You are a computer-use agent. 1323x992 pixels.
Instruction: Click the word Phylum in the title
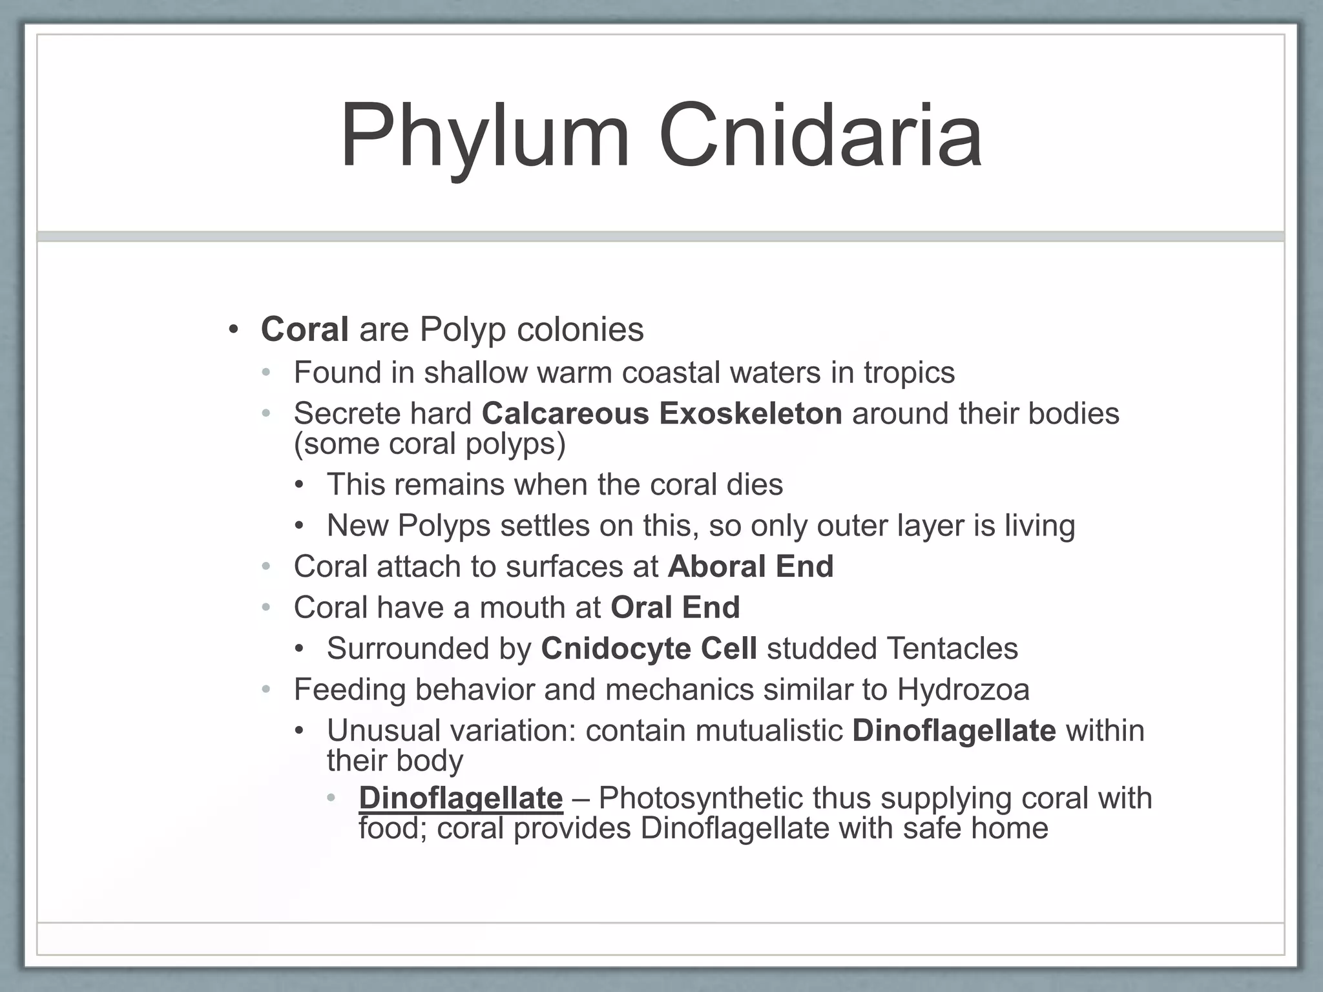(x=484, y=137)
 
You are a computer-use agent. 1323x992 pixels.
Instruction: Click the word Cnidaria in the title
(x=820, y=137)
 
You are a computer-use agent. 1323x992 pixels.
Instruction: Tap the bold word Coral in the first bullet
(x=304, y=329)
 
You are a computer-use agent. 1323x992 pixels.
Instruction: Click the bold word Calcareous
(x=565, y=413)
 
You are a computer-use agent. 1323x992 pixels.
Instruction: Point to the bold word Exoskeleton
(x=750, y=413)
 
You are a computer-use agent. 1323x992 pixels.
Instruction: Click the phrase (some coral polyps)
(x=430, y=444)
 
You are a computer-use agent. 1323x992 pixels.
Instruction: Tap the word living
(x=1039, y=525)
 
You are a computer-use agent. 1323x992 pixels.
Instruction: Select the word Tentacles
(x=952, y=648)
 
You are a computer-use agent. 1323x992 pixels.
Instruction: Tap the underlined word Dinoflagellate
(x=461, y=798)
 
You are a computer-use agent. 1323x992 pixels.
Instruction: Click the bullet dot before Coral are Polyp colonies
(x=233, y=330)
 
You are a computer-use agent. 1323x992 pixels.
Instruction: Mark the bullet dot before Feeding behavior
(x=266, y=690)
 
